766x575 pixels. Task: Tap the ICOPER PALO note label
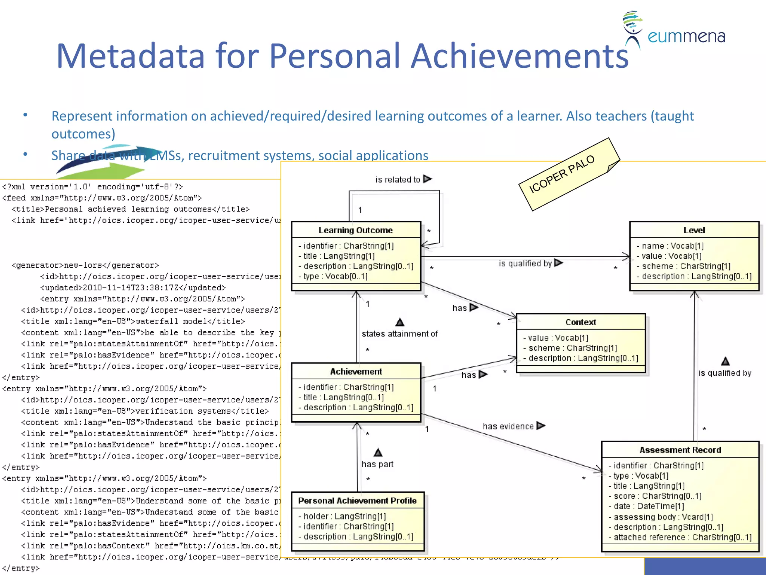[561, 174]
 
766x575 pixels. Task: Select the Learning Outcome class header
[355, 230]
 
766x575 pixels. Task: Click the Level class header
[694, 230]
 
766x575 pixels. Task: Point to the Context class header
[580, 322]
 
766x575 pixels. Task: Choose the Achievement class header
[356, 371]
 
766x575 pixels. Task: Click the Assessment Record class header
[680, 450]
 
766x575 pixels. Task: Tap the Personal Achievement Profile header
[357, 501]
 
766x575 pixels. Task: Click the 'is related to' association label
[398, 180]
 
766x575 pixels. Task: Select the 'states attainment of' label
[399, 334]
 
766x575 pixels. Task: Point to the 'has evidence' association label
[508, 426]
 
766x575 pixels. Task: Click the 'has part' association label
[377, 464]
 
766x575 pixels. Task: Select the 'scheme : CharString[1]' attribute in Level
[686, 266]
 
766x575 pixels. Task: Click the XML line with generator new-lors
[85, 265]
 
